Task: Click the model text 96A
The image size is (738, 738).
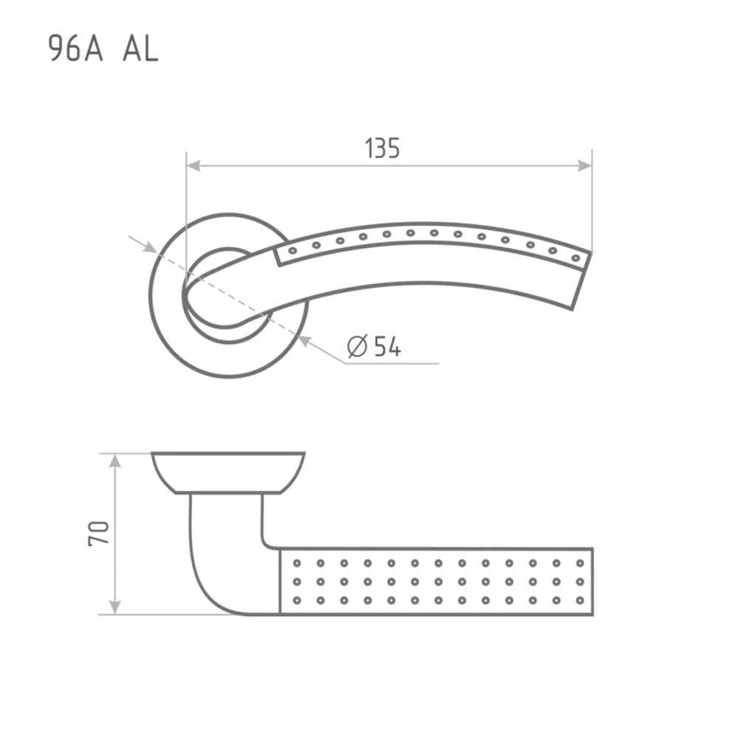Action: tap(76, 49)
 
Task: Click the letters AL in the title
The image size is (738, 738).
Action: tap(140, 49)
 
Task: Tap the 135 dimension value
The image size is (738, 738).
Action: tap(382, 148)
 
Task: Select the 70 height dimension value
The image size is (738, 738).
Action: tap(98, 534)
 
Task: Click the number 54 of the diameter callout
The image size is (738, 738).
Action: tap(387, 346)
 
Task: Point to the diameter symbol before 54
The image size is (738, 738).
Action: tap(356, 346)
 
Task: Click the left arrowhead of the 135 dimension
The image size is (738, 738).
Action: tap(193, 165)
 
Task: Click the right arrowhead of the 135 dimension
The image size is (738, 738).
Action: tap(584, 165)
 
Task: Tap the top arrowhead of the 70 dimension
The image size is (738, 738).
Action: tap(115, 461)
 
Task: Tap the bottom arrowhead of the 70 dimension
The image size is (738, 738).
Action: tap(115, 607)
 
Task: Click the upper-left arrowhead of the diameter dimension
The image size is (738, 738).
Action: tap(150, 247)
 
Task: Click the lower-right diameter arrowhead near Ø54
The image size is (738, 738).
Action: tap(305, 340)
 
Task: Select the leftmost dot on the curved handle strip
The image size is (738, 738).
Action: tap(293, 250)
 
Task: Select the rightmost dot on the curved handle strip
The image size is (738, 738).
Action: tap(575, 258)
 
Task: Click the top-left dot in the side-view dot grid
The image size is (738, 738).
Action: tap(297, 563)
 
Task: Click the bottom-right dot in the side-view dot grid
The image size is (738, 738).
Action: tap(580, 601)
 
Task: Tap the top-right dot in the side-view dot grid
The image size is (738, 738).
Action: tap(580, 563)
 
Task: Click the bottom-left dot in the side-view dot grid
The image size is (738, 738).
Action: tap(297, 601)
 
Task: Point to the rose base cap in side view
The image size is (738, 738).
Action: tap(228, 472)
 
